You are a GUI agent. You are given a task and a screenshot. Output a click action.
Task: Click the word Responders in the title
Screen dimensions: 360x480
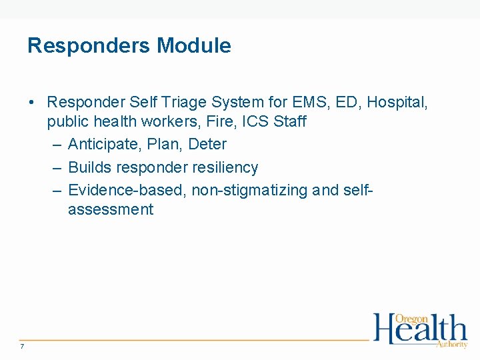pos(89,46)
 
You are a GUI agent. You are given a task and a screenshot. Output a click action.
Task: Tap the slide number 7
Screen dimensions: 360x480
pos(22,346)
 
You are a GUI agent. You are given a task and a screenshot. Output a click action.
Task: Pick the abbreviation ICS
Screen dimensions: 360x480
pos(255,122)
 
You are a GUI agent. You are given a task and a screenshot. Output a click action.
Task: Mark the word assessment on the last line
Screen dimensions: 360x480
pos(110,210)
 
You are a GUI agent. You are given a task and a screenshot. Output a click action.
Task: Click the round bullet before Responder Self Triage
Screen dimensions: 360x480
pos(32,103)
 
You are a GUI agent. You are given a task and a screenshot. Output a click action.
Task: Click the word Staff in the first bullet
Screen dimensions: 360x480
pos(290,122)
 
